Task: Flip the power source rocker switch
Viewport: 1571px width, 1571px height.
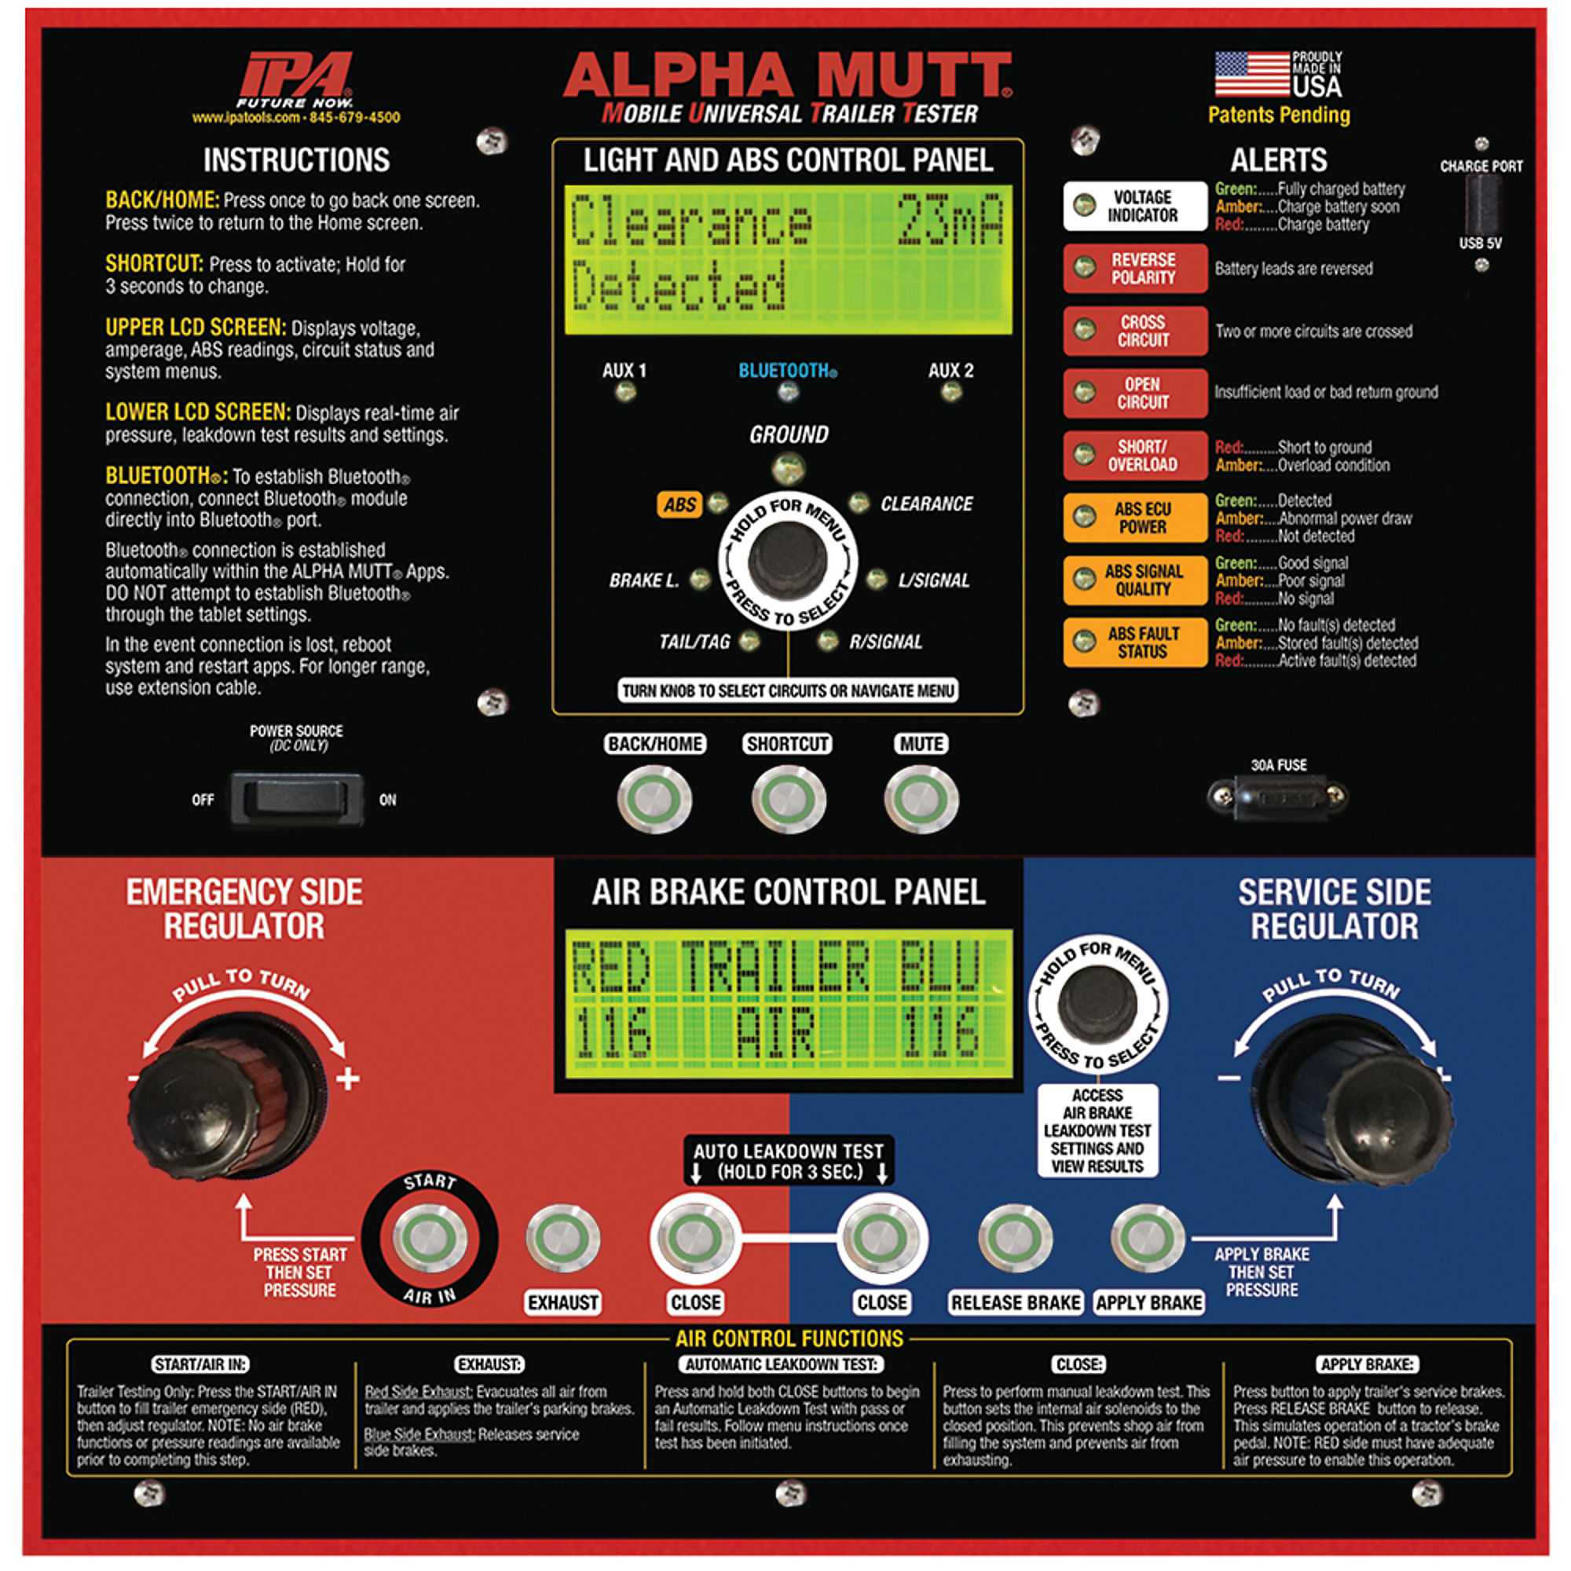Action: click(297, 799)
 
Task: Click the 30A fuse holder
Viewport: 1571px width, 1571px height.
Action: click(1277, 796)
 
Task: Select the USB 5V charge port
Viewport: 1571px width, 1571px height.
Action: click(1481, 204)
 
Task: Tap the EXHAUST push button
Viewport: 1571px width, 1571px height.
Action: click(562, 1239)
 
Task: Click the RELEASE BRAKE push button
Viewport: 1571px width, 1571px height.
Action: click(1015, 1239)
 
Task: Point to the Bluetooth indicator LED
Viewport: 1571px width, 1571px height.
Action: click(787, 392)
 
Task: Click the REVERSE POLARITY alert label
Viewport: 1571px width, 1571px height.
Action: click(1134, 269)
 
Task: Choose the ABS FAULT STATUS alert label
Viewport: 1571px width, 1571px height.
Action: click(1134, 642)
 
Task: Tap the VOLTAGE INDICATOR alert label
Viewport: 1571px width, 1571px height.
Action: click(1134, 206)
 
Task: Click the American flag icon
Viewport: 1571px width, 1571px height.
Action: click(1252, 74)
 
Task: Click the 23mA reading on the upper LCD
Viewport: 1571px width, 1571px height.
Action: click(950, 221)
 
